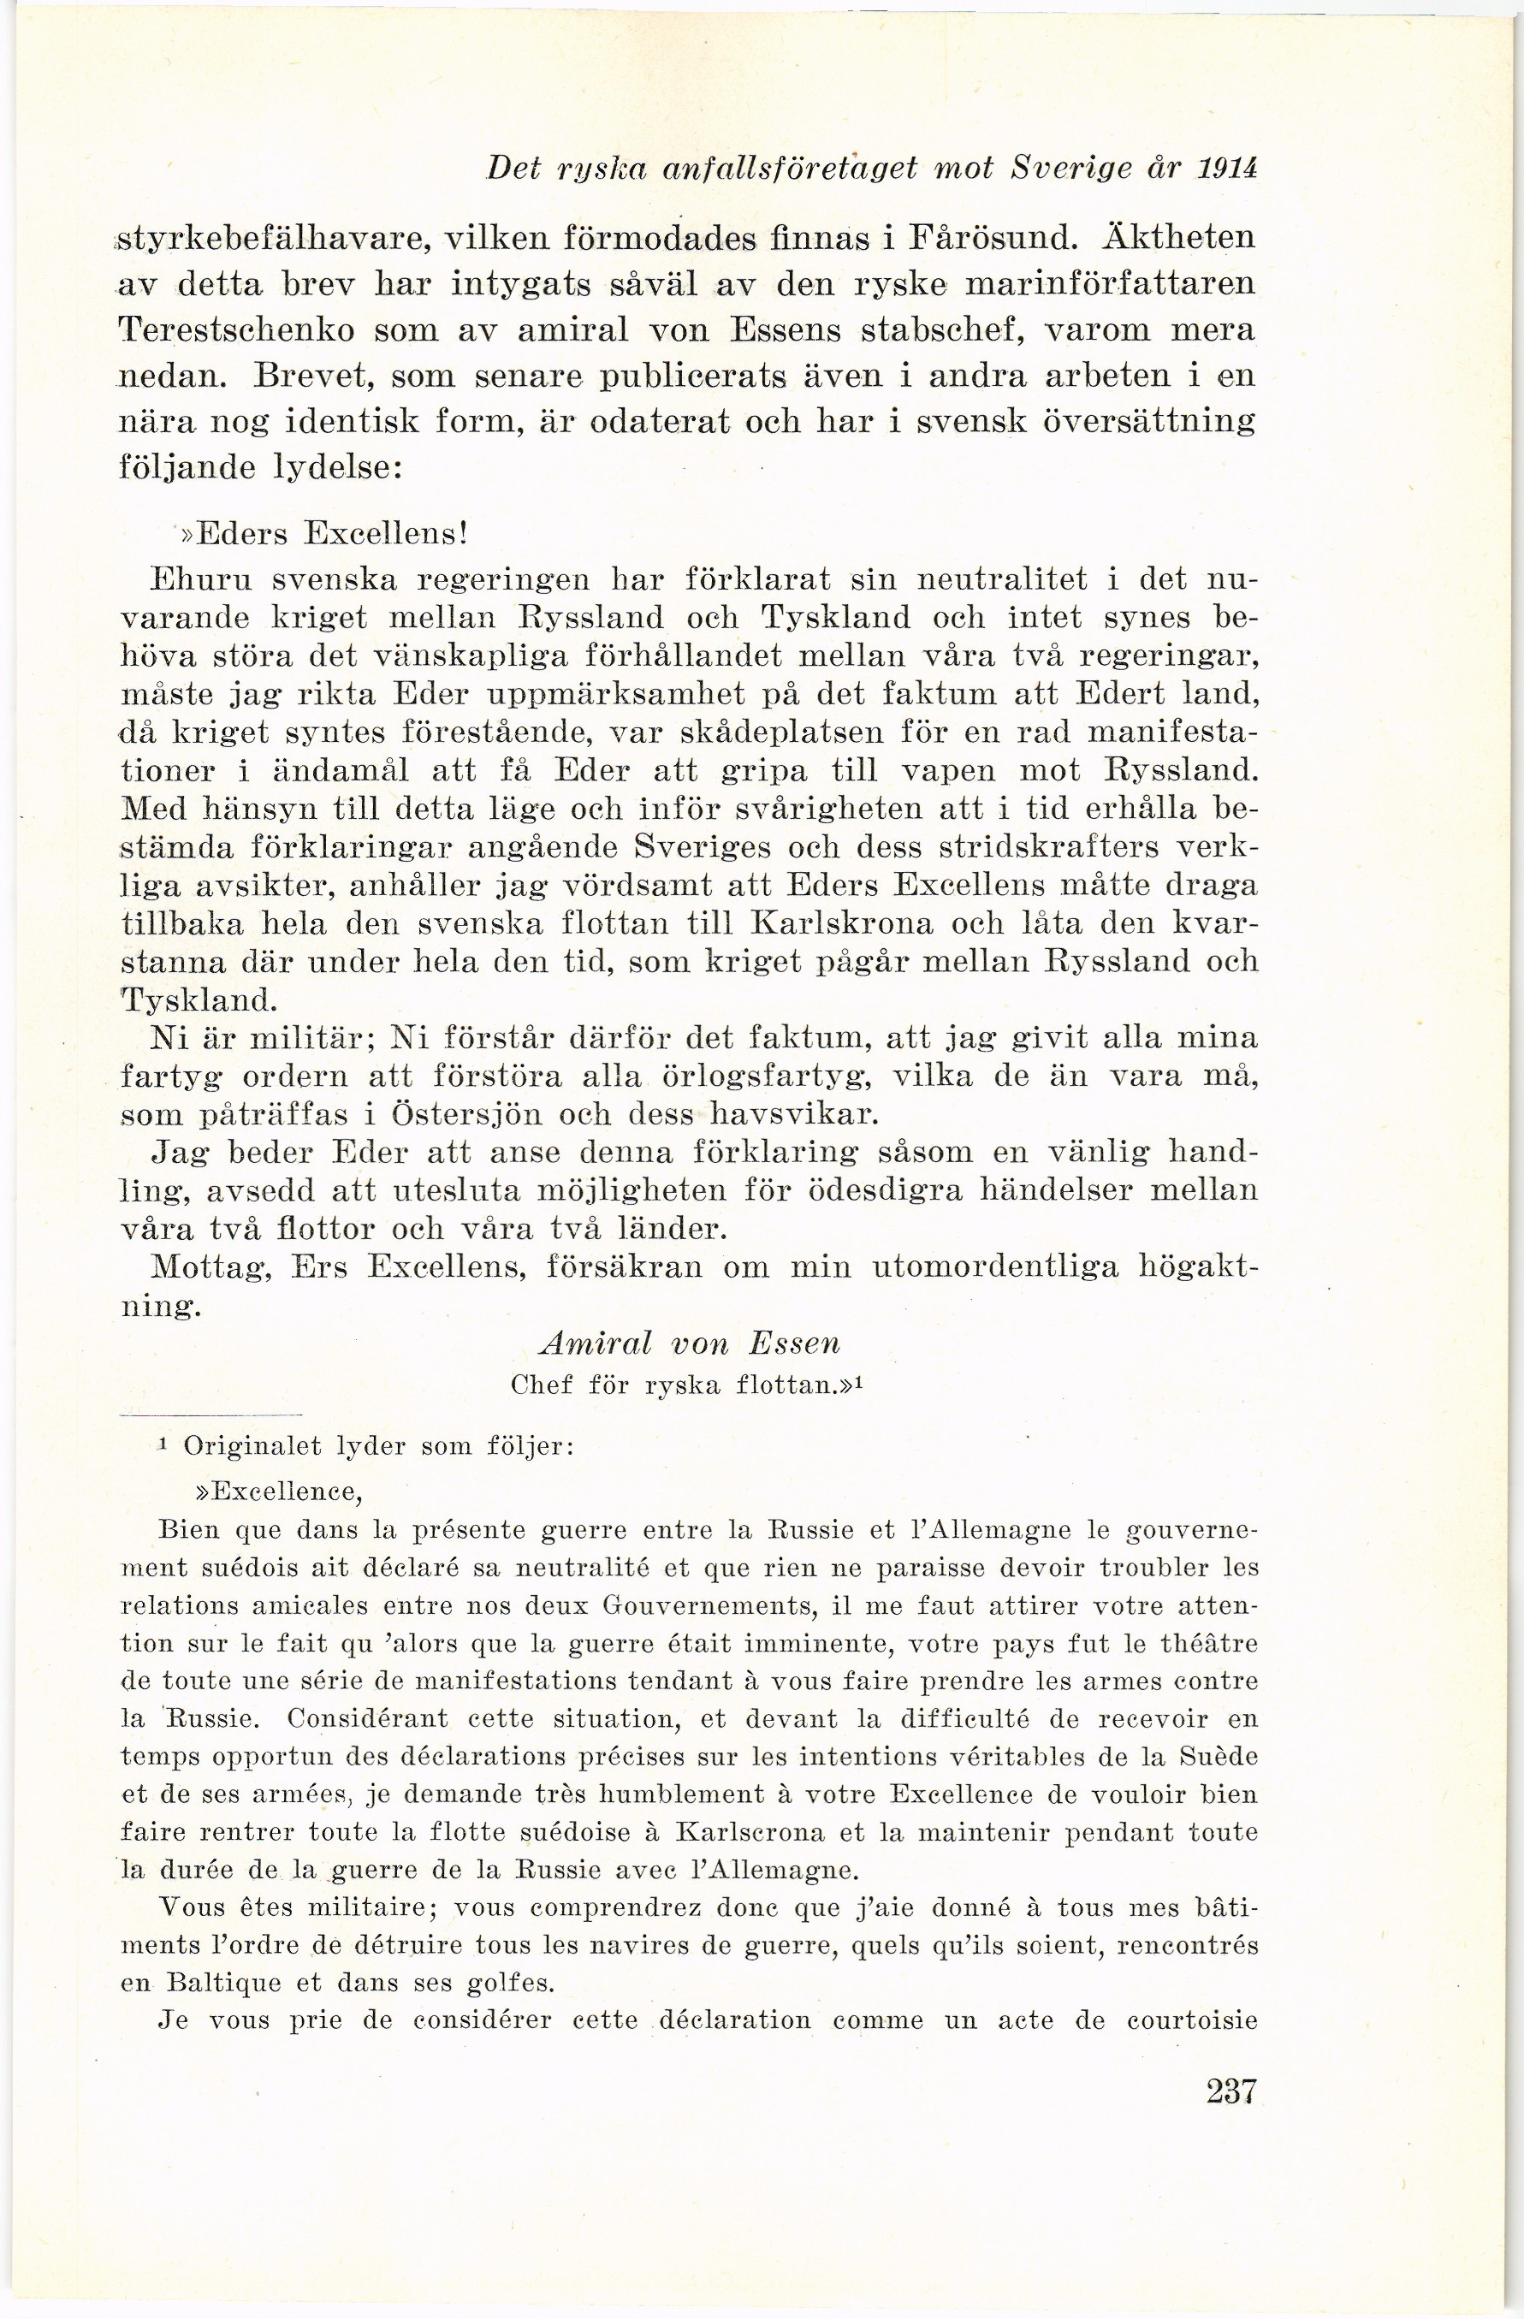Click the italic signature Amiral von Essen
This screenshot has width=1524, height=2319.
click(688, 1344)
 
